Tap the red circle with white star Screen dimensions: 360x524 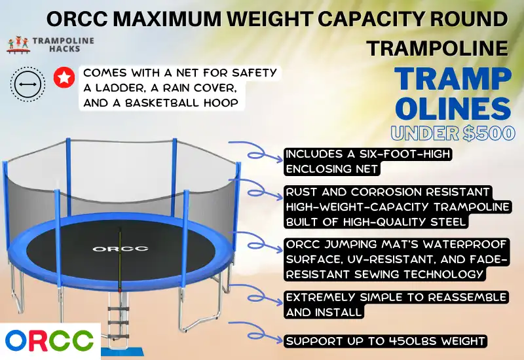[63, 79]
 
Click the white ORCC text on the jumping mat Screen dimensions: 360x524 [111, 248]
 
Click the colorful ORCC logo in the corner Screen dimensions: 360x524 [50, 341]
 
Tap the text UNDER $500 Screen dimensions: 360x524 [453, 134]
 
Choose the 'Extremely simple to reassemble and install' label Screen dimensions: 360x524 [396, 304]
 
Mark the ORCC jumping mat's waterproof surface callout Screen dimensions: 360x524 [397, 258]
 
